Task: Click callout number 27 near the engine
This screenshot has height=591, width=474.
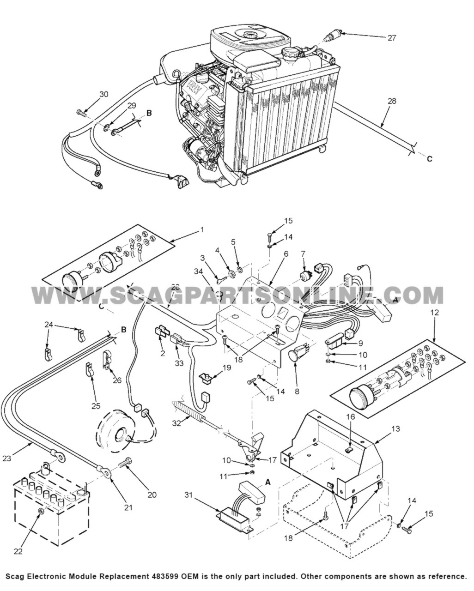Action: pos(391,38)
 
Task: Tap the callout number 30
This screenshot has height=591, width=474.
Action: pos(104,94)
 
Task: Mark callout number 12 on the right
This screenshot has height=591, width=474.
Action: pos(433,313)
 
